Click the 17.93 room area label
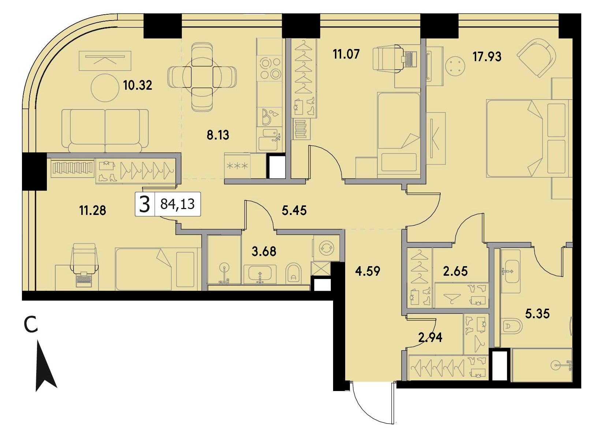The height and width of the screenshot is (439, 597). coord(487,57)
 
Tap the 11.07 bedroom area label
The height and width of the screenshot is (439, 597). coord(346,54)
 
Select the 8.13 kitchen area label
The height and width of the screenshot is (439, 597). coord(218,135)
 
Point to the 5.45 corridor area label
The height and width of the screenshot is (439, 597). coord(294,211)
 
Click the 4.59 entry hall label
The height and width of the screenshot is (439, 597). coord(367,271)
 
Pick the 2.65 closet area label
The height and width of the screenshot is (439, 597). coord(455,271)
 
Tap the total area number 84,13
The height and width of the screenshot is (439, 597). coord(178,204)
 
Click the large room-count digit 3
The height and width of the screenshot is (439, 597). coord(145,204)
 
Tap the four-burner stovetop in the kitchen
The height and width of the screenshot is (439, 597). coord(269,69)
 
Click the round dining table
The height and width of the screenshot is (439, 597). coord(202,77)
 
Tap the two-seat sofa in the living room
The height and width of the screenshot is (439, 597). coord(105,131)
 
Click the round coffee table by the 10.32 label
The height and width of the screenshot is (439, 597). coord(105,88)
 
